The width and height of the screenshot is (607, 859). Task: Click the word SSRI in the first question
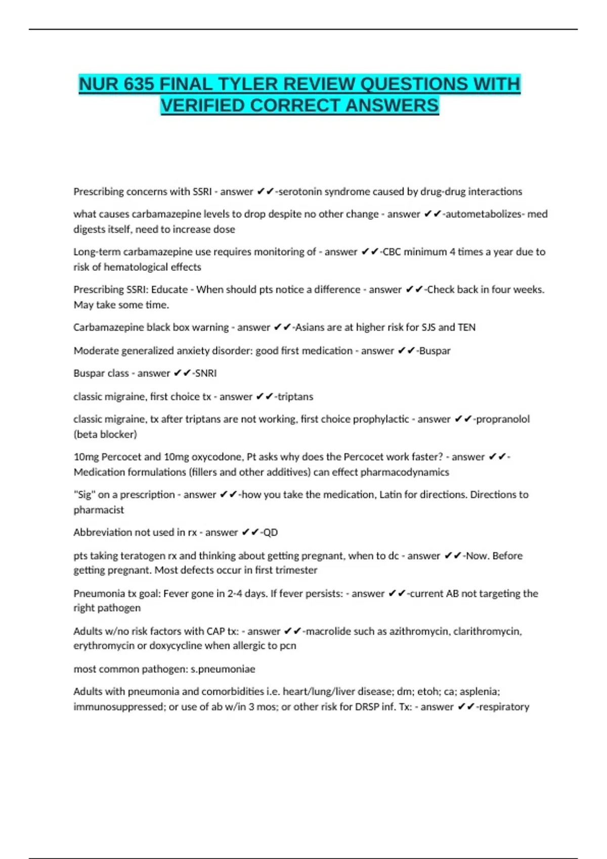(x=202, y=192)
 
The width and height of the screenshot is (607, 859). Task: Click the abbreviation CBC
(x=392, y=252)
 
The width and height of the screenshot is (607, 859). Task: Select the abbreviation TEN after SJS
(x=466, y=327)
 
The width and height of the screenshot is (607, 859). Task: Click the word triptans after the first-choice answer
(x=295, y=397)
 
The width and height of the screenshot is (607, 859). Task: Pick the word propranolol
(x=503, y=419)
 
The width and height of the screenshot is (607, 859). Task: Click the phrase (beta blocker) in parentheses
(x=105, y=434)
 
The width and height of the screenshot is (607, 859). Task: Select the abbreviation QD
(x=271, y=532)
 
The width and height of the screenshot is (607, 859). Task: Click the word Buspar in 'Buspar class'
(x=89, y=373)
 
